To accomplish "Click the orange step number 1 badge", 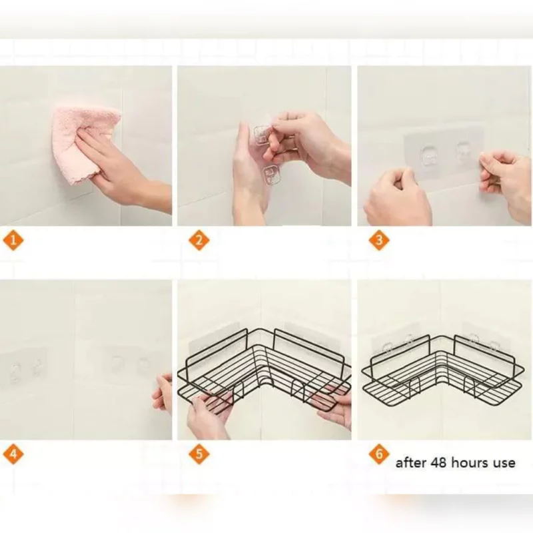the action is coord(13,241).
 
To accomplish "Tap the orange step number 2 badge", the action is coord(199,241).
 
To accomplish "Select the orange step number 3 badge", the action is coord(378,241).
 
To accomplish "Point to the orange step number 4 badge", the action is coord(13,454).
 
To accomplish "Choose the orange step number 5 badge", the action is coord(199,454).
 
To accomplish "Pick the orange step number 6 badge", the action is coord(378,454).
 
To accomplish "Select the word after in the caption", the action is coord(410,463).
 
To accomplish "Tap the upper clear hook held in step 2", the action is coord(261,135).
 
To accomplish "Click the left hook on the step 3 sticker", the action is coord(429,158).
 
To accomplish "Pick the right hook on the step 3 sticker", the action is coord(464,153).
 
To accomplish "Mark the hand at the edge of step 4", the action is coord(163,394).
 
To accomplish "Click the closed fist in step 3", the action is coord(396,197).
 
